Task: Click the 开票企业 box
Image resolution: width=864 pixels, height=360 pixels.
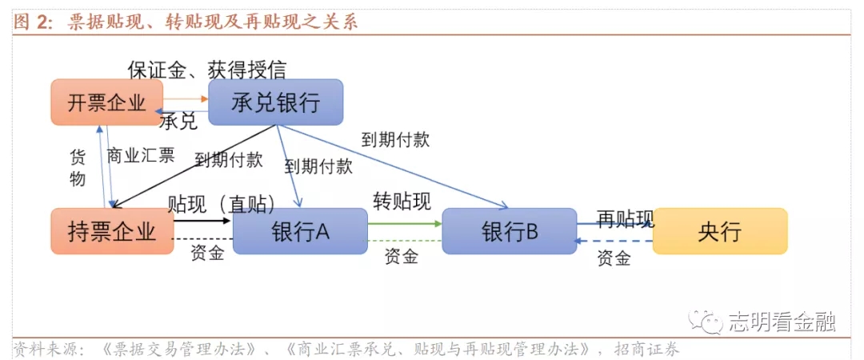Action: (x=106, y=102)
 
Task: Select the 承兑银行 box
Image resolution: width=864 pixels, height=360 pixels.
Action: (x=275, y=102)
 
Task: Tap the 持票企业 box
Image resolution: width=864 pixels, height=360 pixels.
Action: (x=111, y=231)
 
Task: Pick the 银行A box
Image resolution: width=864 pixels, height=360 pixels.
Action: (x=300, y=231)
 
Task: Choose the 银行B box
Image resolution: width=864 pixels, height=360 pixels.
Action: (x=509, y=231)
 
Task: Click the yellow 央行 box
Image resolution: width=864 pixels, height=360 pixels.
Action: (x=719, y=231)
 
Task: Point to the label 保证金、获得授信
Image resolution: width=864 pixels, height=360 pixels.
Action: (x=206, y=70)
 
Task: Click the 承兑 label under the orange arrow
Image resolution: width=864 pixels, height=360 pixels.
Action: (x=178, y=122)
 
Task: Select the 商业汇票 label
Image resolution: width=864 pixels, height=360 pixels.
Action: (x=141, y=155)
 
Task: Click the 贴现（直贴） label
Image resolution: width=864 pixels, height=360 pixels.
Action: (x=221, y=204)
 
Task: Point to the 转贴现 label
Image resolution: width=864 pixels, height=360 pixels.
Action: (x=402, y=201)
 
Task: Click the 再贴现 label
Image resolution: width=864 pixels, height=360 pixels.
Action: (x=625, y=218)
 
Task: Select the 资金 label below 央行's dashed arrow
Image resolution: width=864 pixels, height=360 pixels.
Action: (x=614, y=258)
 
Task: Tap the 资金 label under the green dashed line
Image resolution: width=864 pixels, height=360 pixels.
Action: (x=401, y=257)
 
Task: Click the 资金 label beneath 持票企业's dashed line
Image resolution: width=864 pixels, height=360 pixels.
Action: (x=207, y=254)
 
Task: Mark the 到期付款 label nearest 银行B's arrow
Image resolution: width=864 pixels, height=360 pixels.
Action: (x=395, y=139)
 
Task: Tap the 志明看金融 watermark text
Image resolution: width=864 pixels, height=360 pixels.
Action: (x=782, y=322)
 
